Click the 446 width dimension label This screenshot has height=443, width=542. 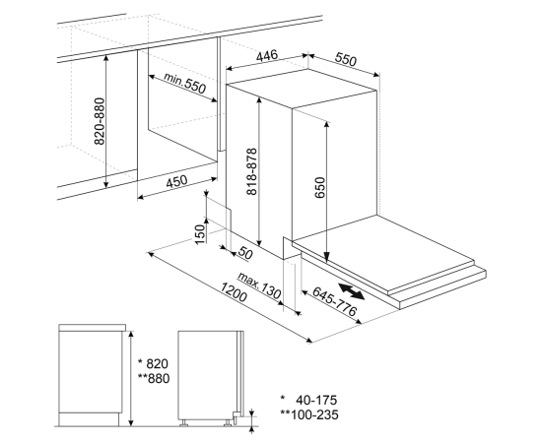tap(267, 55)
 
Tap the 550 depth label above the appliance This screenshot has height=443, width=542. tap(345, 59)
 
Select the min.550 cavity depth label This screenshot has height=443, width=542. tap(184, 84)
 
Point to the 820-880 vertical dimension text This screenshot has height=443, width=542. tap(100, 121)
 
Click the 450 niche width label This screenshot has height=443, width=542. tap(176, 181)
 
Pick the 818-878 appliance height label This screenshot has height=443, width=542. tap(252, 171)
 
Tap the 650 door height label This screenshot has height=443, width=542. tap(320, 187)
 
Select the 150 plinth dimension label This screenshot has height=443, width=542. tap(200, 234)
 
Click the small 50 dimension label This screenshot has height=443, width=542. tap(245, 253)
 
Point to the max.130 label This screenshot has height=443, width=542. tap(259, 285)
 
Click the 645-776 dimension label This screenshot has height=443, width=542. tap(334, 301)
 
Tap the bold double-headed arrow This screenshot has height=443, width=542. tap(351, 291)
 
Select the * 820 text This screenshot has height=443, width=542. tap(153, 363)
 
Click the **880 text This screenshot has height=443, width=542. tap(154, 378)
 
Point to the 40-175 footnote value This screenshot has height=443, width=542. tap(316, 400)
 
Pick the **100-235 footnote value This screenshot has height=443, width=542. tap(309, 414)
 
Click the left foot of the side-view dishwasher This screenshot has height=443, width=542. tap(183, 422)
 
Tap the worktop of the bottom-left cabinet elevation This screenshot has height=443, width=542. tap(93, 328)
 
